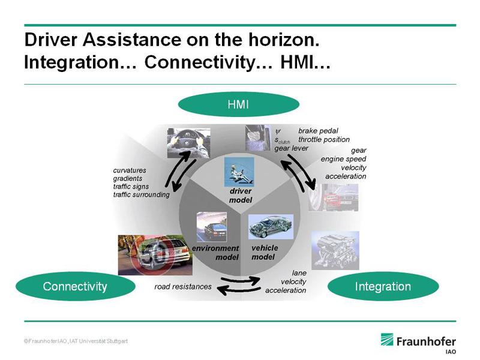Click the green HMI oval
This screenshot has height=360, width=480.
(x=238, y=104)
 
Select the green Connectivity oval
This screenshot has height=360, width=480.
(x=76, y=286)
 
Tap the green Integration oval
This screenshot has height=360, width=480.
(x=383, y=286)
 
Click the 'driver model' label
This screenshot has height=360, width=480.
(x=241, y=196)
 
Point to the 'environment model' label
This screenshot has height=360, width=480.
(x=215, y=253)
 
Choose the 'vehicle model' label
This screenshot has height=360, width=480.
(x=265, y=252)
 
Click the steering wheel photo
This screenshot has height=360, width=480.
(x=188, y=143)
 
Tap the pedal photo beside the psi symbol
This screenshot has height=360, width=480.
(x=258, y=138)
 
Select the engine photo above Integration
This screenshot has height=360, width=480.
(x=335, y=250)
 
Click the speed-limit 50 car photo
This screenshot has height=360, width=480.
(x=155, y=255)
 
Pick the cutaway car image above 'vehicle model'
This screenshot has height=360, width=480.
(x=271, y=227)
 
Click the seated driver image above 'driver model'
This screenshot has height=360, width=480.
(x=239, y=172)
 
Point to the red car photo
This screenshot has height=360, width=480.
(x=334, y=197)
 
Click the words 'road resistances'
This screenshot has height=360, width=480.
(x=183, y=287)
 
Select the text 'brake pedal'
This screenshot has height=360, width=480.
(x=318, y=131)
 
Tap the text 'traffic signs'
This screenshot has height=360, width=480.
(x=131, y=187)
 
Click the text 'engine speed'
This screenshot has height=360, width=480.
(x=343, y=159)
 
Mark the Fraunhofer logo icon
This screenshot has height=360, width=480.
(x=387, y=340)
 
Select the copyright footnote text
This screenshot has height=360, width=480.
(x=76, y=341)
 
